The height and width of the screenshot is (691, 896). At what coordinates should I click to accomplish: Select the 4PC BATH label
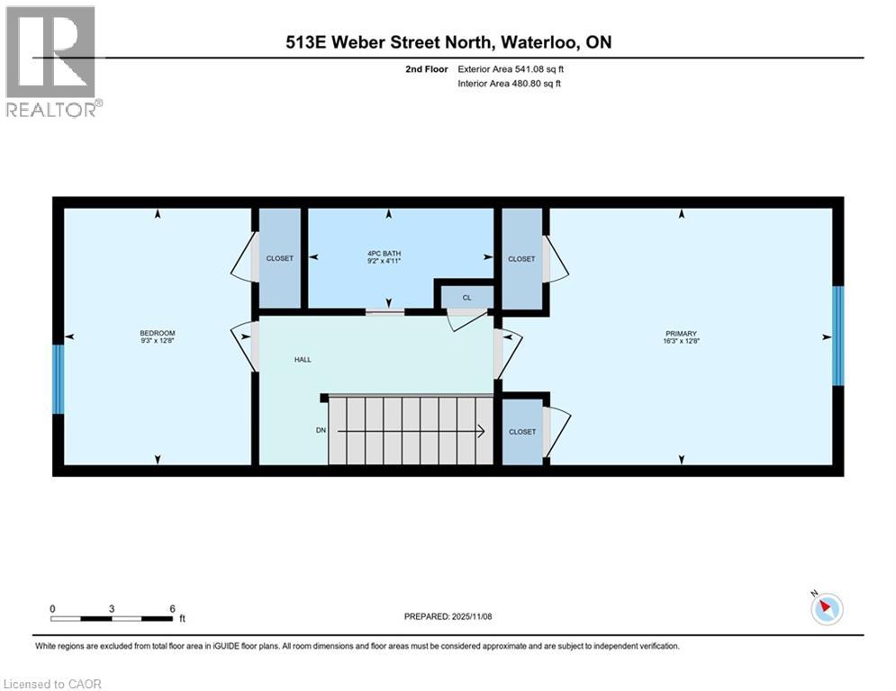[x=390, y=254]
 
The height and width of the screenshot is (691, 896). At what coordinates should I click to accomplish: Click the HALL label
[x=303, y=359]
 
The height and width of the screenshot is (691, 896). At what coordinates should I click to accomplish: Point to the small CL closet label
[x=466, y=297]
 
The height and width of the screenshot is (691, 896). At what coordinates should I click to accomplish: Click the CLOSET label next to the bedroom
[x=279, y=258]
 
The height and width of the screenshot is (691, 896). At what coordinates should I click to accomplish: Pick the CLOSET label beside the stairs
[x=522, y=432]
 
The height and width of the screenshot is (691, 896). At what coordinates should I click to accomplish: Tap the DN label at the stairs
[x=321, y=431]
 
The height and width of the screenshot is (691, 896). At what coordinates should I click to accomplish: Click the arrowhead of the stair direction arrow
[x=482, y=432]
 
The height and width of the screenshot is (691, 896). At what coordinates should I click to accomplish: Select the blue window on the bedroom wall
[x=59, y=379]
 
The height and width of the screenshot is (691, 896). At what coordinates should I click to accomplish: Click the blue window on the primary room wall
[x=838, y=336]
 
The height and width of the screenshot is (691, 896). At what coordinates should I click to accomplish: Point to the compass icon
[x=826, y=609]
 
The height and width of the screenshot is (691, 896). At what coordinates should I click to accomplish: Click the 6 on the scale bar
[x=171, y=608]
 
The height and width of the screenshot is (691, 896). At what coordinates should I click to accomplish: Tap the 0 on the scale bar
[x=53, y=608]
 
